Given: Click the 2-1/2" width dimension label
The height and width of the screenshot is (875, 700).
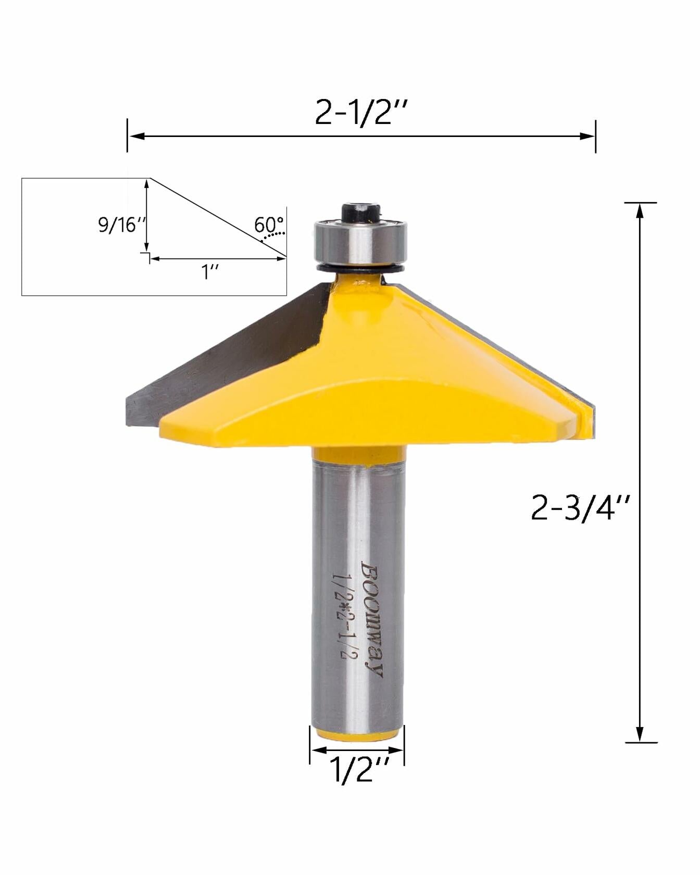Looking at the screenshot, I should (x=360, y=111).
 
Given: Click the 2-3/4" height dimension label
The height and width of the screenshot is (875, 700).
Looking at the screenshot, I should (x=580, y=508).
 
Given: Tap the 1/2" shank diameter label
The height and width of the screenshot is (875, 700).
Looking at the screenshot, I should (x=359, y=770).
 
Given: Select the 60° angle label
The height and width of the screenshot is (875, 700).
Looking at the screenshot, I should (x=268, y=225).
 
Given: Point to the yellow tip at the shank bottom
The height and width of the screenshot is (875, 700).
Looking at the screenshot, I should (x=357, y=735).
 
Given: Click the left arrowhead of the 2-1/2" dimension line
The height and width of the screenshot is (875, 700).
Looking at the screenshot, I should (x=135, y=136).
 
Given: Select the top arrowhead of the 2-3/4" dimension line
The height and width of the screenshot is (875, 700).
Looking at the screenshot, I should (x=640, y=209).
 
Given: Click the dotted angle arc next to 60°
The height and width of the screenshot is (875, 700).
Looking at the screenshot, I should (x=273, y=235).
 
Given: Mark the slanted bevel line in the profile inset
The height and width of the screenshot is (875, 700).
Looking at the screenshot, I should (x=219, y=218).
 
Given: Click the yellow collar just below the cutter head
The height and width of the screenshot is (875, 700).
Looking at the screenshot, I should (x=359, y=454).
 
